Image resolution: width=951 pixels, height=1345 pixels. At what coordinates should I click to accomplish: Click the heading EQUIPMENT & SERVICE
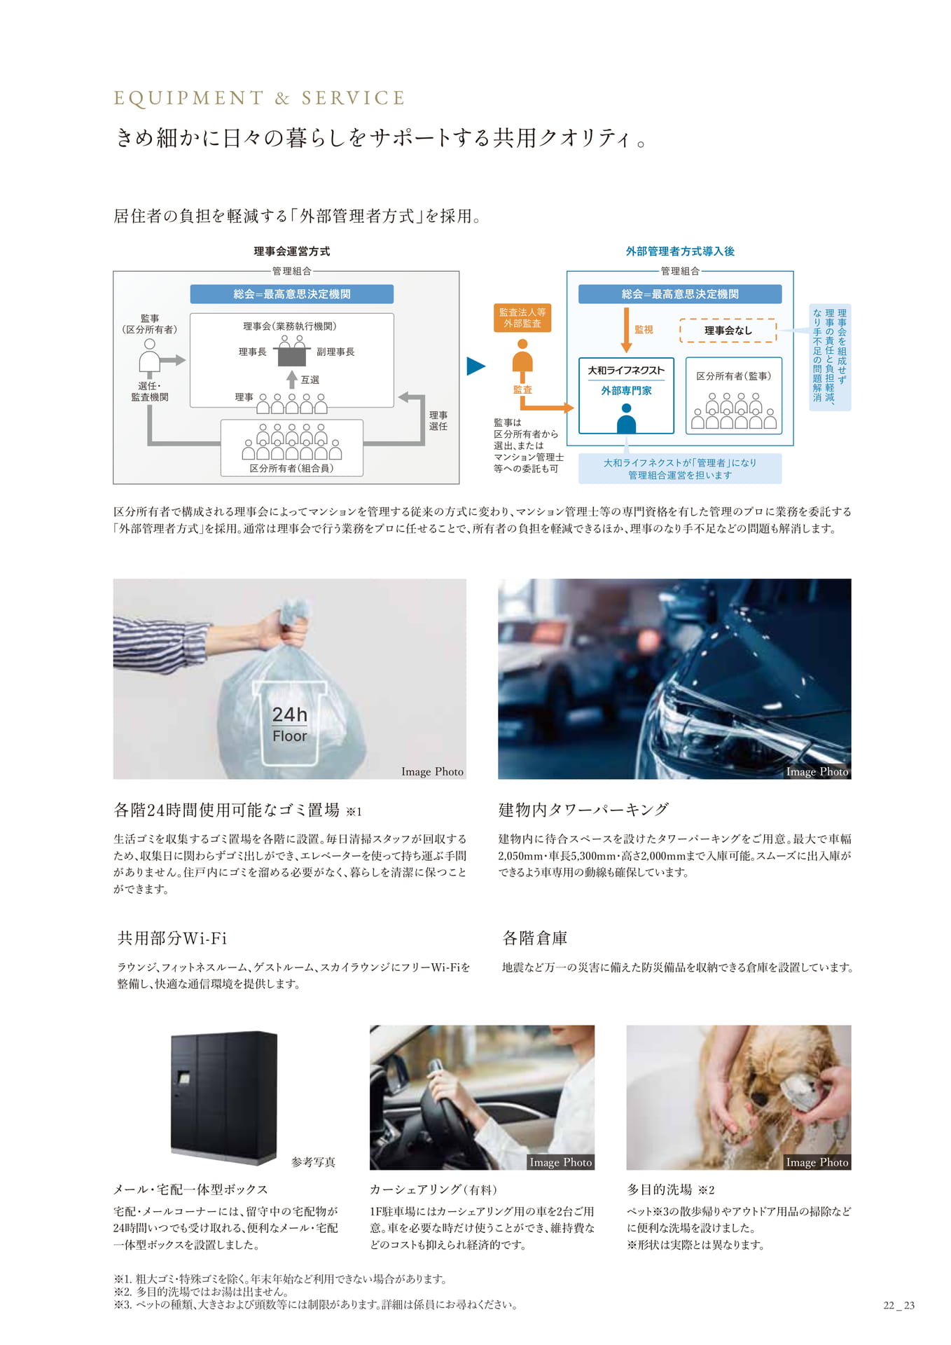pos(259,98)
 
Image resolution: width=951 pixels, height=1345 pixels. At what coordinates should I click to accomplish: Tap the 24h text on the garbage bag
pos(289,715)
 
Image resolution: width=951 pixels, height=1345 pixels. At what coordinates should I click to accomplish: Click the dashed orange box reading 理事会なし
pos(728,331)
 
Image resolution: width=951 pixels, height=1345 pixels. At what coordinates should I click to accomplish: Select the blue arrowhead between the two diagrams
pos(476,366)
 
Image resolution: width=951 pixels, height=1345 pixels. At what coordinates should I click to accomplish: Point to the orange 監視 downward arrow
pos(626,330)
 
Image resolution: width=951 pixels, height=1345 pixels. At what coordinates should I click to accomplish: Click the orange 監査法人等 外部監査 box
pos(522,318)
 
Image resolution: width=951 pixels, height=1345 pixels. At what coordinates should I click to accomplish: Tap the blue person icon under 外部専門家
pos(626,418)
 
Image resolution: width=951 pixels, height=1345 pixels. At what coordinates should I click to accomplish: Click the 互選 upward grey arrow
pos(292,379)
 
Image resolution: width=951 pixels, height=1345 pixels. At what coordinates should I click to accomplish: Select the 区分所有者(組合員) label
pos(291,468)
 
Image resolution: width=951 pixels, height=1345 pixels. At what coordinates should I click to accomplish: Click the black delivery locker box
pos(224,1097)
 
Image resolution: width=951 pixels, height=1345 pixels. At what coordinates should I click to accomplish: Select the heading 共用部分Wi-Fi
pos(172,938)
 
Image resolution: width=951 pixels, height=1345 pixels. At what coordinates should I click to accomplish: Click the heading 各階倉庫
pos(535,938)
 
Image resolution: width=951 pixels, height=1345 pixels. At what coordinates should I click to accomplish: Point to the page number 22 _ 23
pos(899,1305)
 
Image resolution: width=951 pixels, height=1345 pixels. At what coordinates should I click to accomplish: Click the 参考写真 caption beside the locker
pos(313,1162)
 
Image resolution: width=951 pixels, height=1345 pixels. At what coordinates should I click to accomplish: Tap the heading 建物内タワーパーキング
pos(583,810)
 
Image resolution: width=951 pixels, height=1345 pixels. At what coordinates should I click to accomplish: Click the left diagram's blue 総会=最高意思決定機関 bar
pos(291,294)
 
